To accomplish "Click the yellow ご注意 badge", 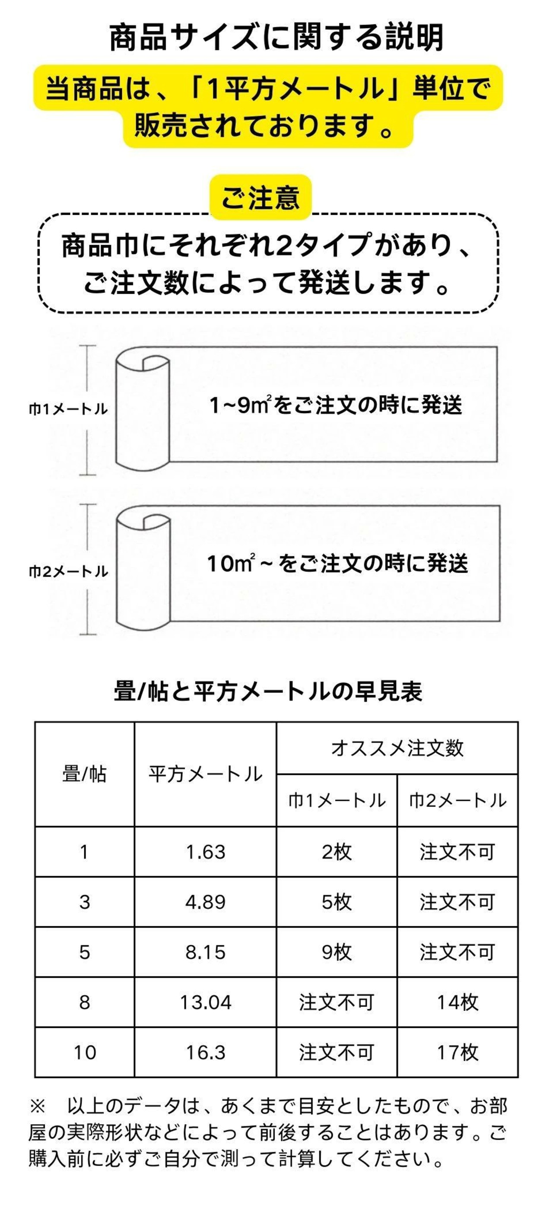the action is click(261, 197).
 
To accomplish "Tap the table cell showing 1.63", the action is click(205, 852).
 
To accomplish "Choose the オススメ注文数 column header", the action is click(397, 748).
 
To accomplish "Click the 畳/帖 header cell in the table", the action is click(85, 775).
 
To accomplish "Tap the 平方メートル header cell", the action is click(205, 775).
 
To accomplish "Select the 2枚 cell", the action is click(337, 852).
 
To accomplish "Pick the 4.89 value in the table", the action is click(205, 902).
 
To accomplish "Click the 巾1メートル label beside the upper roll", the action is click(68, 409).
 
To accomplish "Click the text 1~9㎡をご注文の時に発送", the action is click(336, 405).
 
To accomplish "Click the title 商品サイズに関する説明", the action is click(276, 38).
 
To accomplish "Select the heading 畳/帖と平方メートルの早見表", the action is click(268, 691).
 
